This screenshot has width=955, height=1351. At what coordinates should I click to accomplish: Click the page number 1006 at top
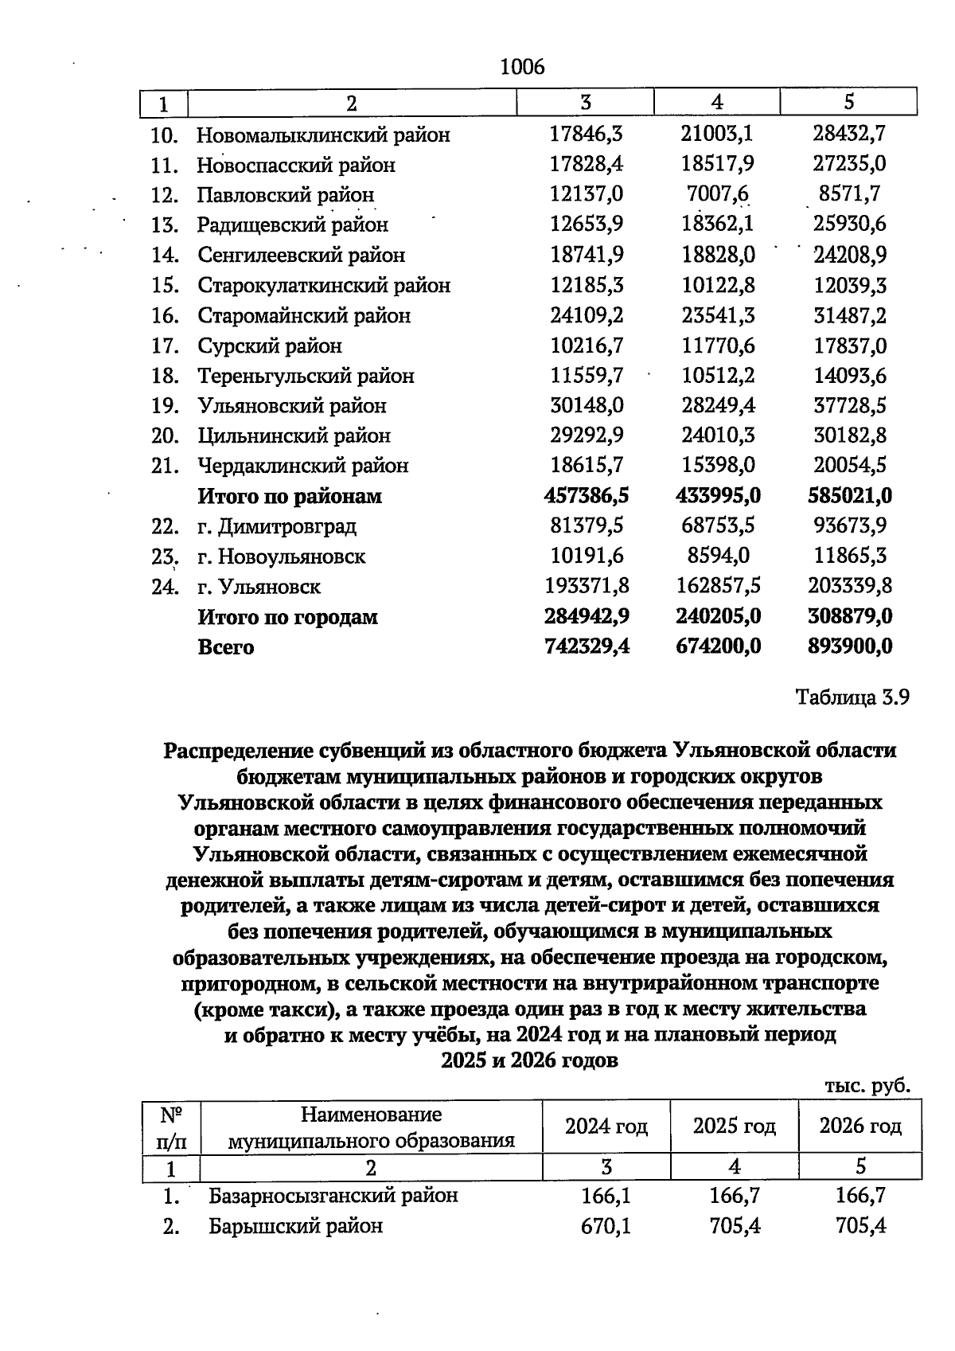coord(522,68)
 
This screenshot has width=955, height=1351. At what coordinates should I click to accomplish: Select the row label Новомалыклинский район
coord(323,135)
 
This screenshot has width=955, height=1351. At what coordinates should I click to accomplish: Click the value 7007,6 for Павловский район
coord(717,194)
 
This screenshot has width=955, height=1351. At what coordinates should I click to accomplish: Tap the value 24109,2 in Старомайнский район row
coord(587,315)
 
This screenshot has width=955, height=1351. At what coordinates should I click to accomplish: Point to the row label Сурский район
coord(270,346)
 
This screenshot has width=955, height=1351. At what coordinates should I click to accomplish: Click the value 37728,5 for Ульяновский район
coord(849,405)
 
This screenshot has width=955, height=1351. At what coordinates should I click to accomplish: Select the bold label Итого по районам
coord(290,496)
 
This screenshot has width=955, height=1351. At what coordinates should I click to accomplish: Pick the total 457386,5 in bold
coord(587,496)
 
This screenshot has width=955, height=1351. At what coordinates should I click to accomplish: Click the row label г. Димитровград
coord(277,526)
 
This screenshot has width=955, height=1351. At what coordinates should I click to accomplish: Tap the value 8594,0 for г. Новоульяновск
coord(717,556)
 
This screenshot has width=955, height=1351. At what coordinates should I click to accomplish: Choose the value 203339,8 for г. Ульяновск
coord(849,586)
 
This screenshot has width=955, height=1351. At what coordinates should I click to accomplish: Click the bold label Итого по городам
coord(287,617)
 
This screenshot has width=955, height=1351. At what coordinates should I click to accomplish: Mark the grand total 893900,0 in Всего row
coord(849,646)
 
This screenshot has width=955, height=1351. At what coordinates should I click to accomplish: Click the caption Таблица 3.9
coord(852,698)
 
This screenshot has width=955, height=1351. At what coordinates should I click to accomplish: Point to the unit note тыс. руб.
coord(867,1086)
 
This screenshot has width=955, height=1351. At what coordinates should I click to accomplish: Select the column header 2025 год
coord(734,1126)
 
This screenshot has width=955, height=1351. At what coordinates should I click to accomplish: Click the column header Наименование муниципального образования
coord(371,1127)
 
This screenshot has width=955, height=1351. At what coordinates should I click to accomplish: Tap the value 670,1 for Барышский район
coord(606,1226)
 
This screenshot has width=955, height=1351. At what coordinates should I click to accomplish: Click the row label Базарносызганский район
coord(333,1196)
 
